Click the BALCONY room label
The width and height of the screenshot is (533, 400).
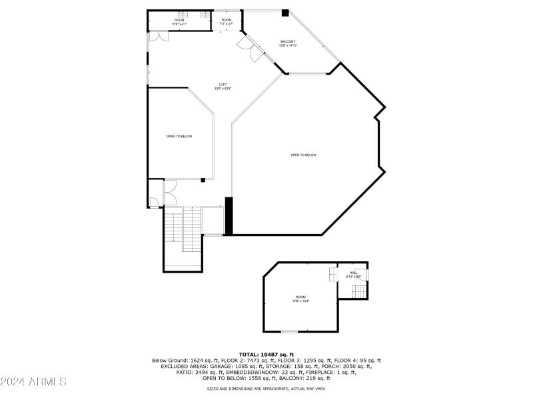pyautogui.click(x=287, y=43)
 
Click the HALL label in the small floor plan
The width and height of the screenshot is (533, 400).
pyautogui.click(x=353, y=273)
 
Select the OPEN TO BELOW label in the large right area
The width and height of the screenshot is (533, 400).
pyautogui.click(x=303, y=155)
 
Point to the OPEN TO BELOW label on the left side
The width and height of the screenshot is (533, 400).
pyautogui.click(x=179, y=137)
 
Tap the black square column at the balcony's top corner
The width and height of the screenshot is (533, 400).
pyautogui.click(x=285, y=13)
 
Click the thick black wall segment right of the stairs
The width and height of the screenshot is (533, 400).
pyautogui.click(x=229, y=215)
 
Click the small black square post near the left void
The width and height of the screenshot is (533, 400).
pyautogui.click(x=203, y=179)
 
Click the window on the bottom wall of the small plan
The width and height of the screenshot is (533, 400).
pyautogui.click(x=290, y=331)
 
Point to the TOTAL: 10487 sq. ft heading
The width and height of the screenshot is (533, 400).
pyautogui.click(x=266, y=354)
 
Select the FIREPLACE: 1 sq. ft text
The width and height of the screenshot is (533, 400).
pyautogui.click(x=327, y=372)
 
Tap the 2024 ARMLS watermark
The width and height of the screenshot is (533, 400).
pyautogui.click(x=33, y=382)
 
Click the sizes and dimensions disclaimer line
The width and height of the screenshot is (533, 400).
pyautogui.click(x=266, y=389)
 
